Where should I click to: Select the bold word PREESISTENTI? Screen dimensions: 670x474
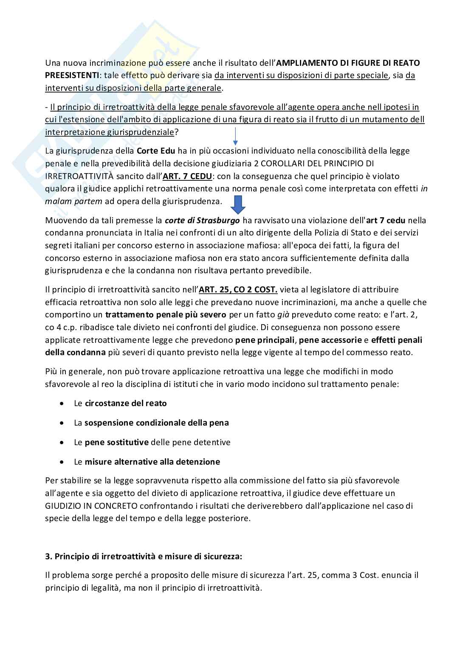click(71, 76)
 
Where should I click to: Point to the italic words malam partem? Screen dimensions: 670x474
click(73, 201)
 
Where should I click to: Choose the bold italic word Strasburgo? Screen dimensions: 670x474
click(214, 220)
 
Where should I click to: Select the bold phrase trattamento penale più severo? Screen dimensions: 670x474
click(166, 315)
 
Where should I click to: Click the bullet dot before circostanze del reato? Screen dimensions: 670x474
click(63, 404)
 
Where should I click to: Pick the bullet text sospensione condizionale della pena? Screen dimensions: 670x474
click(156, 423)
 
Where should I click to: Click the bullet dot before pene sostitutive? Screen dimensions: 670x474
click(63, 443)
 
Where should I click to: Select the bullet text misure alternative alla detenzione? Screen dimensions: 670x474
click(152, 462)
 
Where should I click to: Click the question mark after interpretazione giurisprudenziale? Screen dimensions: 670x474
click(177, 132)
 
